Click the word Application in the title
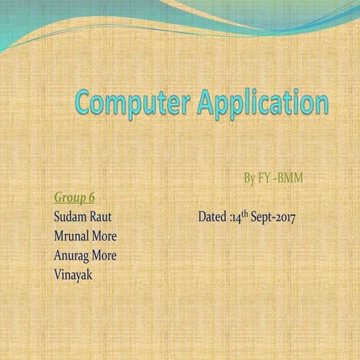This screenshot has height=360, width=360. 262,104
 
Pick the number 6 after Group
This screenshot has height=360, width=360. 91,197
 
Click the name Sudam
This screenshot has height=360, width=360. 70,217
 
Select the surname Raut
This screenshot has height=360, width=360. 100,217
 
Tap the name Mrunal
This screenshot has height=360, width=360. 73,236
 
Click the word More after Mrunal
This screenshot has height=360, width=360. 105,236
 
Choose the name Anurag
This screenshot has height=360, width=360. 71,255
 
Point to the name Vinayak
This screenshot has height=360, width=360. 73,274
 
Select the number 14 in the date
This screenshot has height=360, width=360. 235,218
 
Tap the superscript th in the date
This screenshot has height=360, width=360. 244,214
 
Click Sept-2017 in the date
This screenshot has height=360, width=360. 274,218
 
